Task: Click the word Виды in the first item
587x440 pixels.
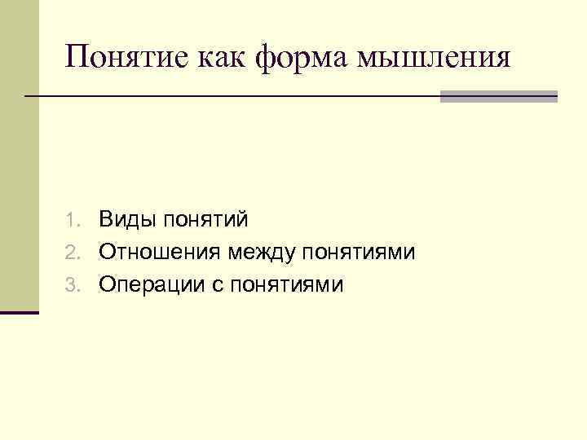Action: click(x=127, y=219)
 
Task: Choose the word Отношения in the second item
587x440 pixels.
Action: click(x=160, y=253)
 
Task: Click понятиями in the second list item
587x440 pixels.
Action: click(x=359, y=253)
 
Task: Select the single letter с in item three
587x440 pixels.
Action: click(x=219, y=286)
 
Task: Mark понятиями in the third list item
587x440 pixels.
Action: click(x=288, y=286)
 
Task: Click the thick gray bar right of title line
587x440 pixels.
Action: click(x=498, y=96)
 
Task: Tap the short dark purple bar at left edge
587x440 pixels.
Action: click(x=19, y=312)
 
